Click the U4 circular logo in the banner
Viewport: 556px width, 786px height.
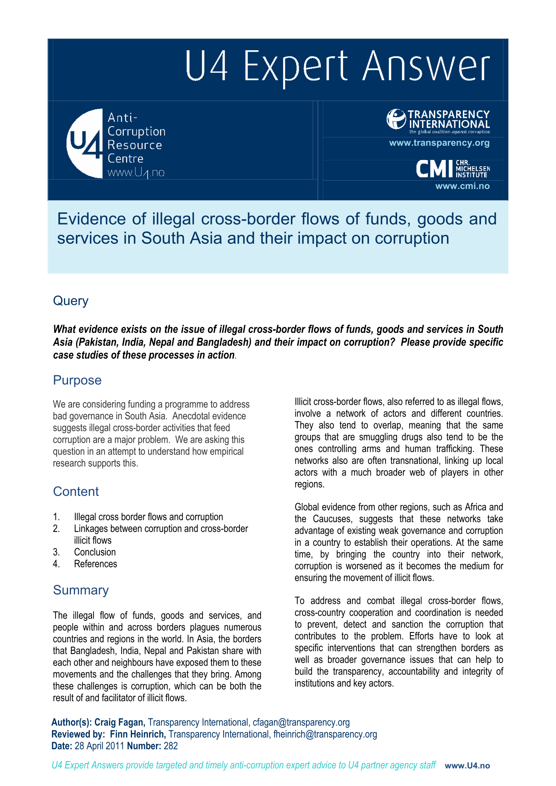coord(85,143)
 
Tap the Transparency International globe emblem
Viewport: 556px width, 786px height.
coord(396,119)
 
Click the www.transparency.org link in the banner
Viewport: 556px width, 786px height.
coord(439,143)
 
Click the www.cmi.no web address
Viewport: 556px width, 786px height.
coord(462,186)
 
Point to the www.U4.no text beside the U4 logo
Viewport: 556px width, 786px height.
coord(136,173)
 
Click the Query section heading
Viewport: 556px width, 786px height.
coord(71,301)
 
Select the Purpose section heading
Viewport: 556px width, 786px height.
coord(77,380)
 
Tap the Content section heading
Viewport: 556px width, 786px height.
coord(76,492)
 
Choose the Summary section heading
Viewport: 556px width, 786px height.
coord(81,590)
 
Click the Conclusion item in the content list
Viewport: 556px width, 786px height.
coord(95,552)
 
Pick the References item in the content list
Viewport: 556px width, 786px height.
coord(95,564)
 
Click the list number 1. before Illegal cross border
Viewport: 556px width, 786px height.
coord(56,517)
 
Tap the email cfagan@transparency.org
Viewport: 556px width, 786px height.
coord(301,722)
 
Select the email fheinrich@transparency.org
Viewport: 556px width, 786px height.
coord(325,734)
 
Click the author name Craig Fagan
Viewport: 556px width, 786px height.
coord(119,722)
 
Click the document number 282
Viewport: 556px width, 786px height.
coord(170,746)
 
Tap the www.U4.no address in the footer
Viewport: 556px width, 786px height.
coord(467,766)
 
